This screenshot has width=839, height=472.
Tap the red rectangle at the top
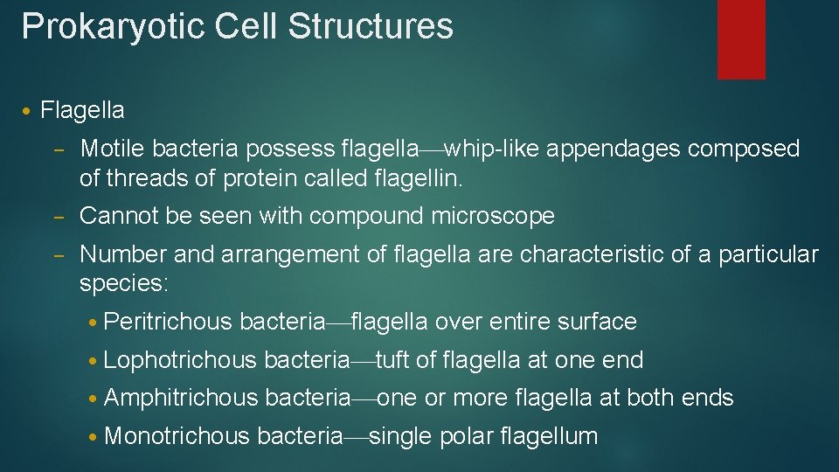tap(741, 38)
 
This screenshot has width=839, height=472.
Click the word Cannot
tap(119, 216)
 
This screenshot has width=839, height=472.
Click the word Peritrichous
tap(167, 322)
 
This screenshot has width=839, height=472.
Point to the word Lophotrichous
tap(180, 360)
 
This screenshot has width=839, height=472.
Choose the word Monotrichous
tap(177, 436)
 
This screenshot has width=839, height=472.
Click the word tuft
tap(393, 360)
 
